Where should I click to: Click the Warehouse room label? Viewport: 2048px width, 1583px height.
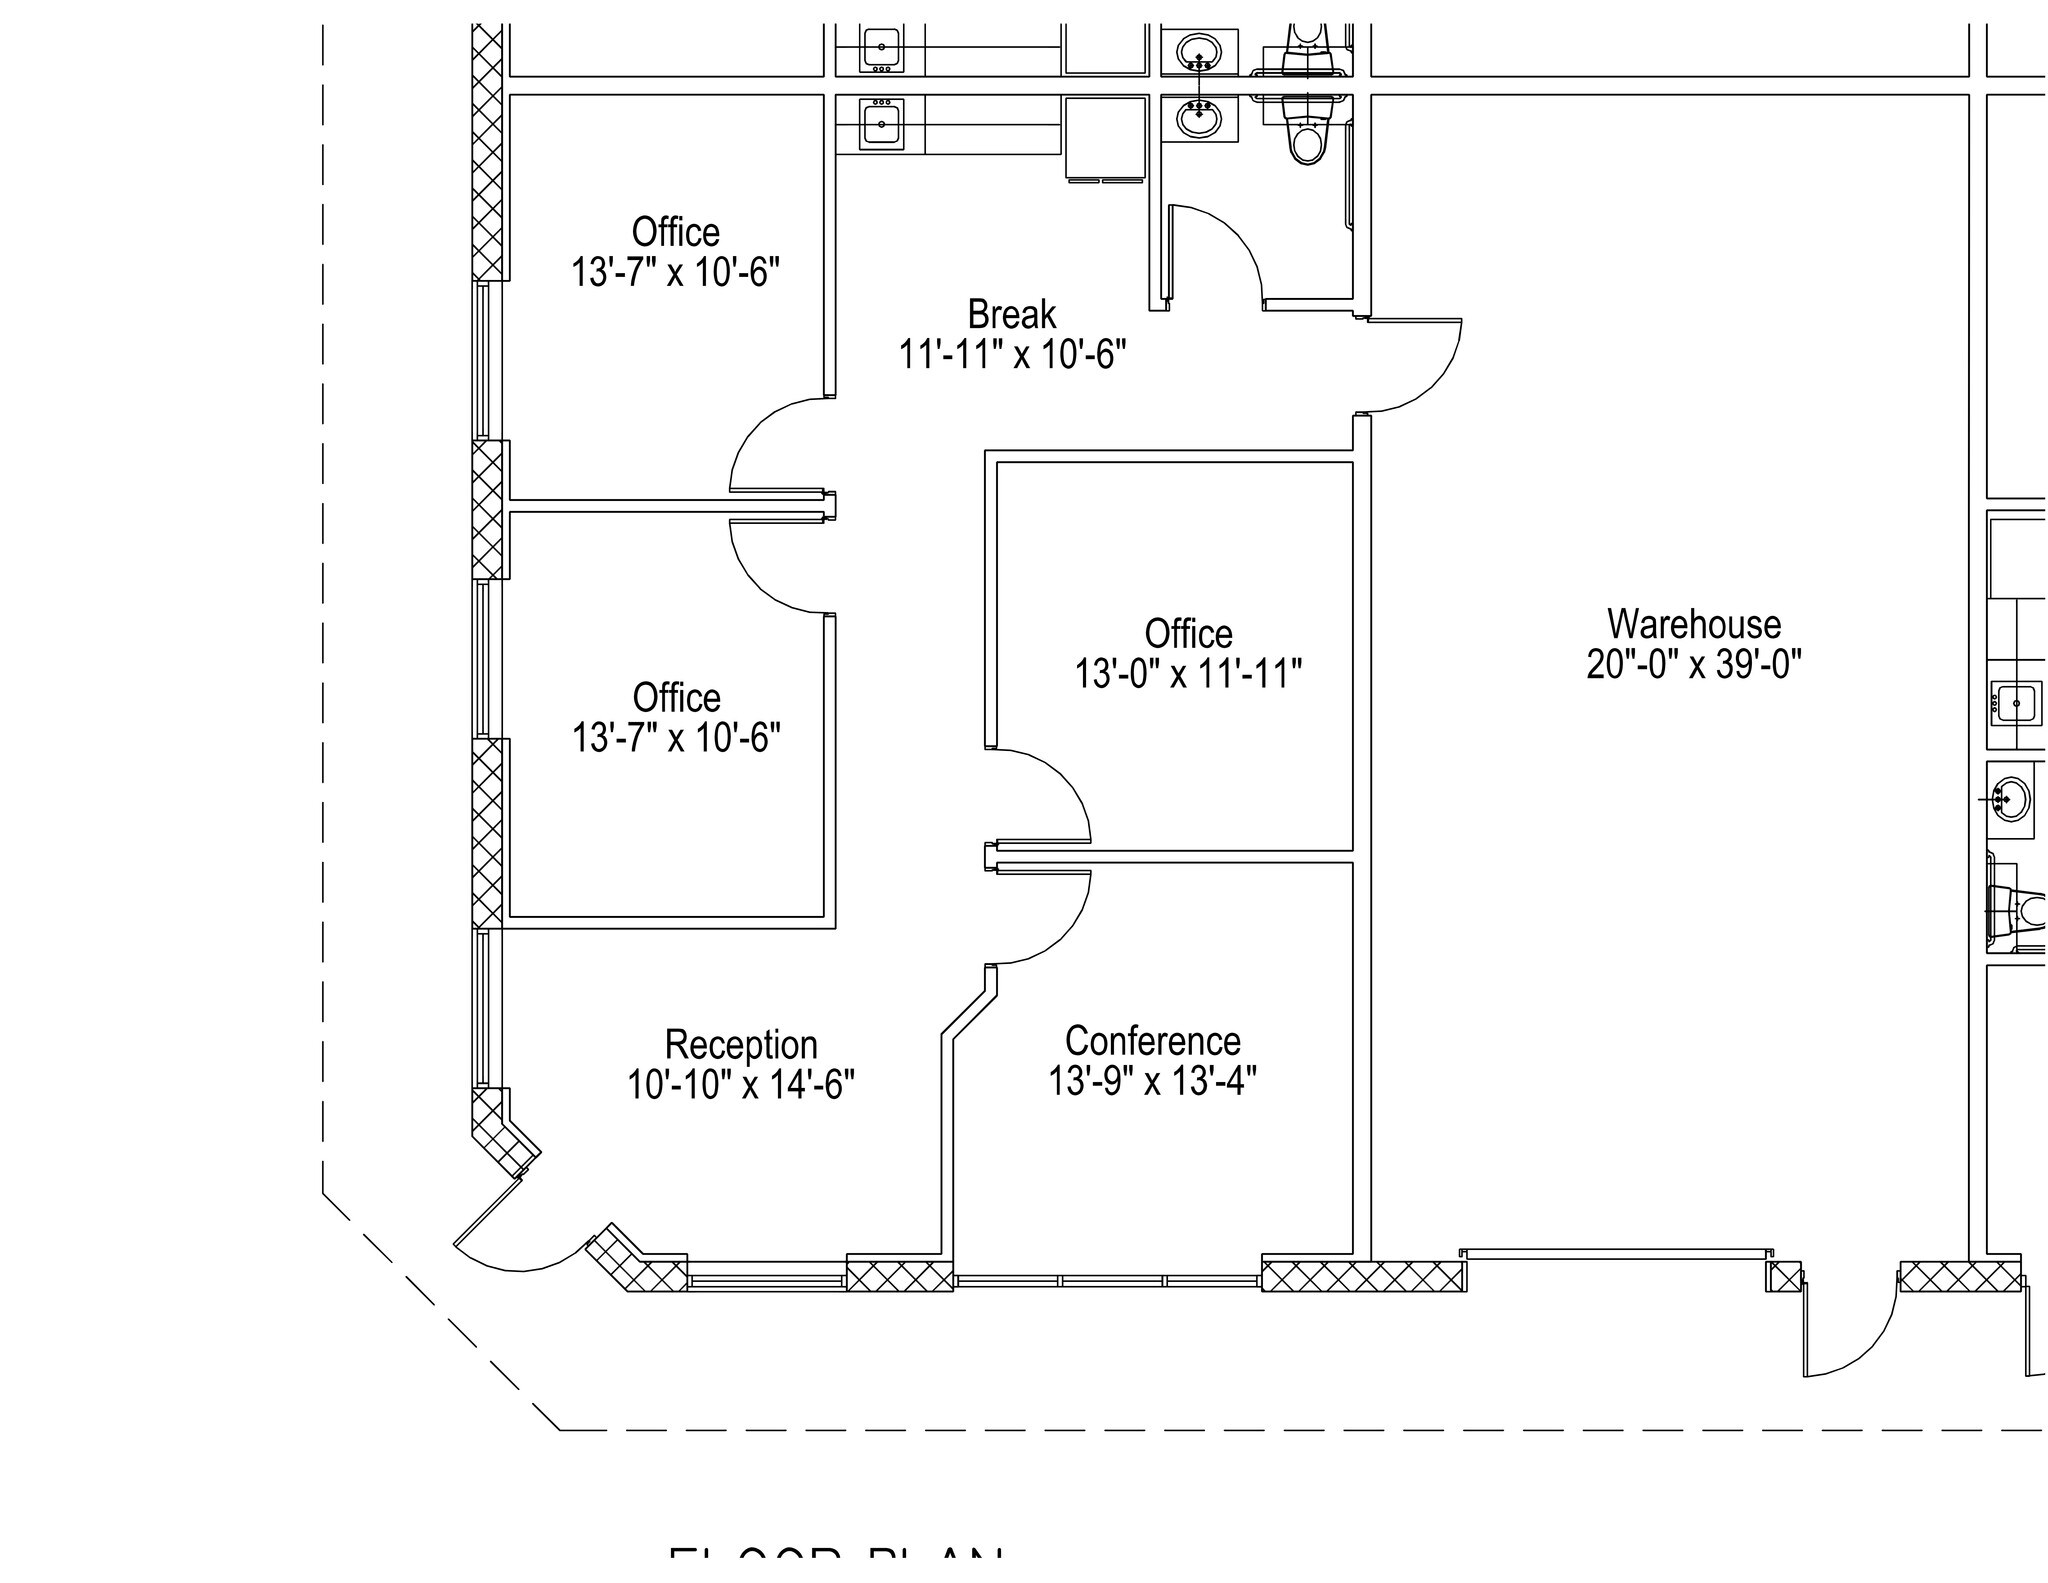pyautogui.click(x=1693, y=625)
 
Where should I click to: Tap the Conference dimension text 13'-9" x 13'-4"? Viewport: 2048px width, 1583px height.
pyautogui.click(x=1152, y=1081)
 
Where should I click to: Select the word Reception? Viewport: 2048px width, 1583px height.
pyautogui.click(x=741, y=1044)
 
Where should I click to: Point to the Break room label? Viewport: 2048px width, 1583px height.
pyautogui.click(x=1011, y=315)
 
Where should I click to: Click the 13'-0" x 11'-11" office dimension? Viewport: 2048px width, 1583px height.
pyautogui.click(x=1188, y=675)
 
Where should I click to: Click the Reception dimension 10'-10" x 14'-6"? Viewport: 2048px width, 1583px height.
pyautogui.click(x=741, y=1085)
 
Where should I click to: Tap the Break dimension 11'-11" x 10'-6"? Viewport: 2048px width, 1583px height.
pyautogui.click(x=1011, y=355)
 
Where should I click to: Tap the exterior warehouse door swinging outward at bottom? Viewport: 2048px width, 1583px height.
pyautogui.click(x=1850, y=1335)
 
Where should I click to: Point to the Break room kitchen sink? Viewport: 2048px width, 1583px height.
pyautogui.click(x=881, y=124)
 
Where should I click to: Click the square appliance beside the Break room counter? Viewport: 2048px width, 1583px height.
pyautogui.click(x=1105, y=137)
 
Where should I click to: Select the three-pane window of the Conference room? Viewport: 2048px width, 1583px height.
pyautogui.click(x=1107, y=1280)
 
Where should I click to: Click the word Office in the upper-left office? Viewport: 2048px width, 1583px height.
pyautogui.click(x=675, y=232)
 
